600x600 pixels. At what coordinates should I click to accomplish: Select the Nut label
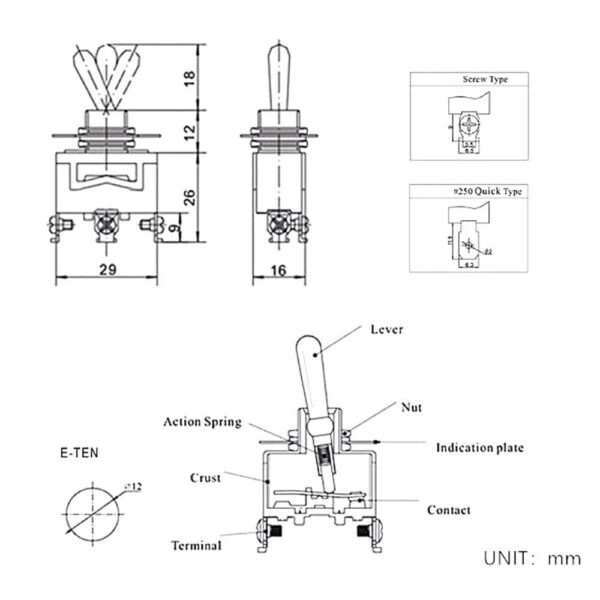(x=411, y=407)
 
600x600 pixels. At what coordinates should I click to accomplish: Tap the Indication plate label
(x=478, y=447)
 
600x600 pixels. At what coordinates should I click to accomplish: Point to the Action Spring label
(x=202, y=422)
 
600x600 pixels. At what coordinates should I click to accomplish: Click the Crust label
(x=205, y=478)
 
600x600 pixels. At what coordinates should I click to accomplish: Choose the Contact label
(x=448, y=510)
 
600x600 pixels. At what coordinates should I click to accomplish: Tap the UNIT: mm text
(x=532, y=558)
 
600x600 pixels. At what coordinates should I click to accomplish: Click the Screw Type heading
(x=484, y=79)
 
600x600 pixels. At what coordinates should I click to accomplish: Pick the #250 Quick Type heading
(x=483, y=191)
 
